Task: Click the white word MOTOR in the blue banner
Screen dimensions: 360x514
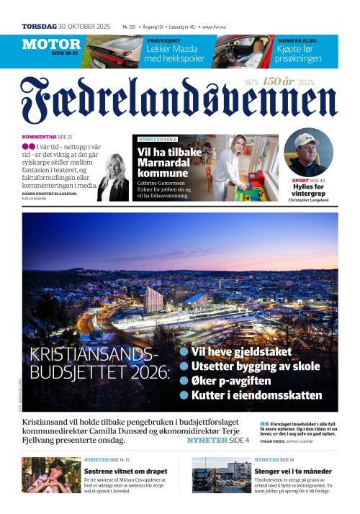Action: coord(50,45)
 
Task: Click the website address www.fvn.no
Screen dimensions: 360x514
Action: coord(219,27)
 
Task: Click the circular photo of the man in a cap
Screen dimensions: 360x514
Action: coord(308,152)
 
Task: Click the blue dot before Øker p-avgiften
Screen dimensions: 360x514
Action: coord(184,380)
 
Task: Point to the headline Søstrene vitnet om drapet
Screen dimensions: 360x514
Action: coord(127,471)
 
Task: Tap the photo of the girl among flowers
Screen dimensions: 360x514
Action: coord(51,475)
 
